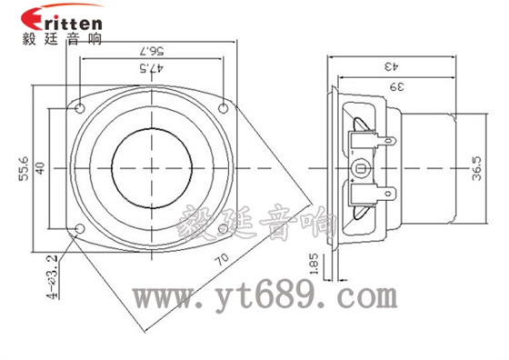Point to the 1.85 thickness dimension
pyautogui.click(x=314, y=265)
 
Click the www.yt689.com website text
pyautogui.click(x=264, y=297)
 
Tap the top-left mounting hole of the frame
pyautogui.click(x=81, y=107)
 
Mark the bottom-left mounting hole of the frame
pyautogui.click(x=81, y=227)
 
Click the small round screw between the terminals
pyautogui.click(x=361, y=167)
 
